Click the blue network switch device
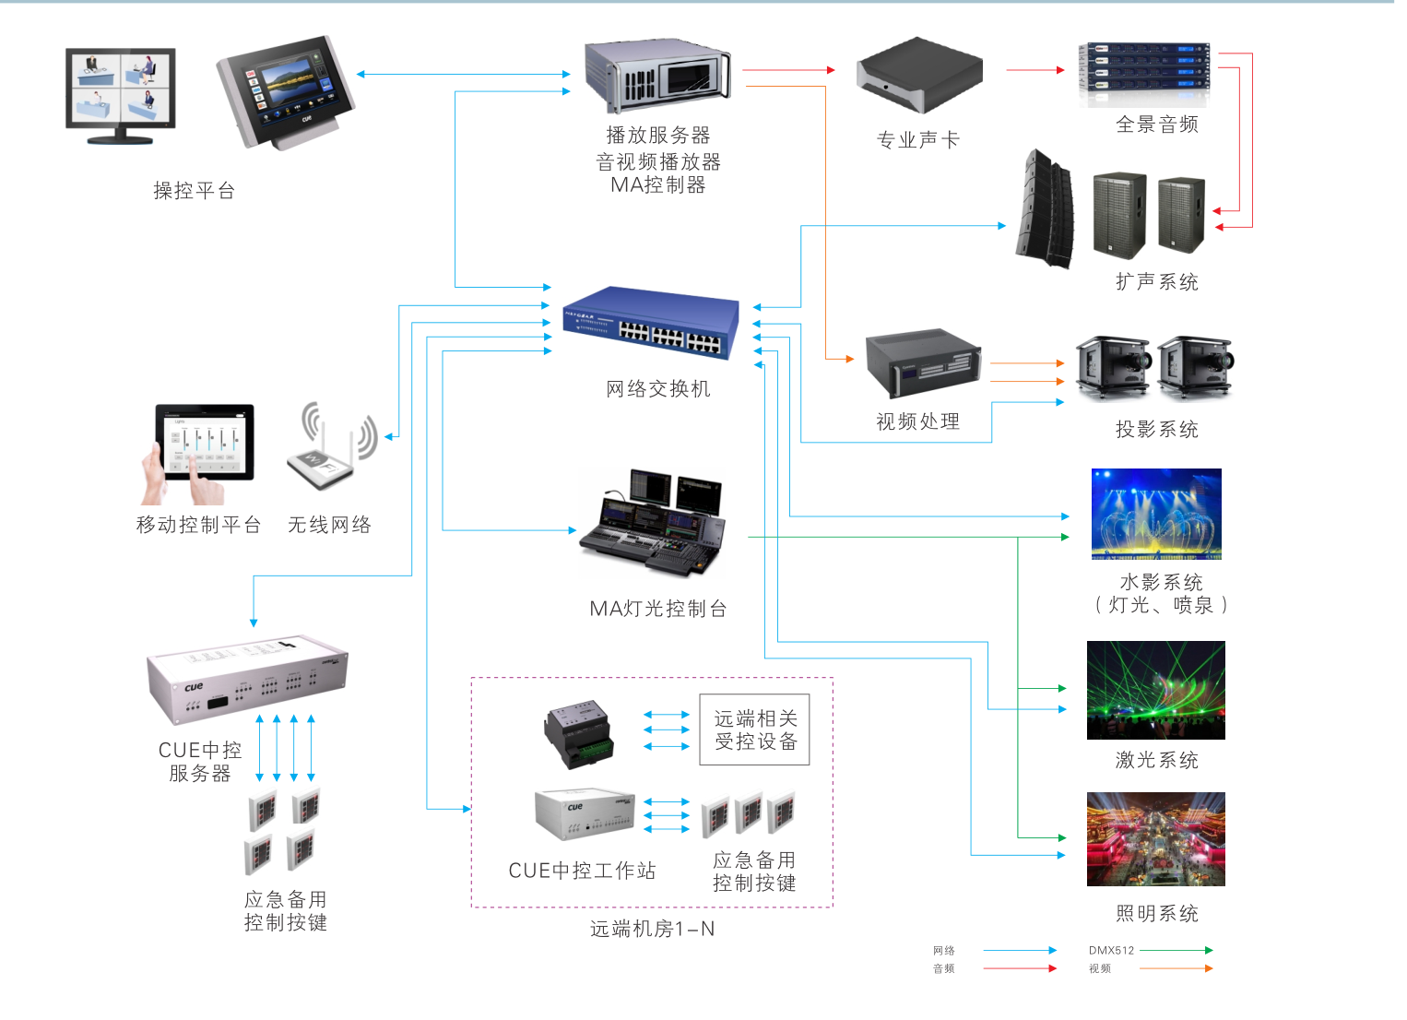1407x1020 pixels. click(651, 323)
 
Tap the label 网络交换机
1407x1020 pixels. click(657, 389)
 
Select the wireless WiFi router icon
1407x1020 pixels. click(333, 445)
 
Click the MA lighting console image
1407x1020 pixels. click(652, 522)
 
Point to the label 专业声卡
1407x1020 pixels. click(917, 139)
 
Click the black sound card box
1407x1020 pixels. click(919, 75)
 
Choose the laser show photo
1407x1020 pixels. click(1156, 690)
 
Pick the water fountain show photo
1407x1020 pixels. click(1156, 514)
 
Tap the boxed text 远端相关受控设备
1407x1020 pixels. click(755, 729)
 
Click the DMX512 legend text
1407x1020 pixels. click(1111, 950)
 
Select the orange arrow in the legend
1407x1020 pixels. click(1176, 968)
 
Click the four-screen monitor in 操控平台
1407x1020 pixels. click(121, 96)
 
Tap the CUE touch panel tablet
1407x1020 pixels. click(287, 91)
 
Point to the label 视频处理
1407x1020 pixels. click(917, 421)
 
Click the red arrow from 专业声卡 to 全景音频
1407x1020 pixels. click(1035, 70)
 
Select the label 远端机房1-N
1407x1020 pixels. click(652, 929)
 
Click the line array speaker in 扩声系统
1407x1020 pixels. click(1046, 209)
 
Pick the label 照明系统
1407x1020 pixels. click(1156, 913)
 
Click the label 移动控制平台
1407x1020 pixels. click(198, 525)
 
